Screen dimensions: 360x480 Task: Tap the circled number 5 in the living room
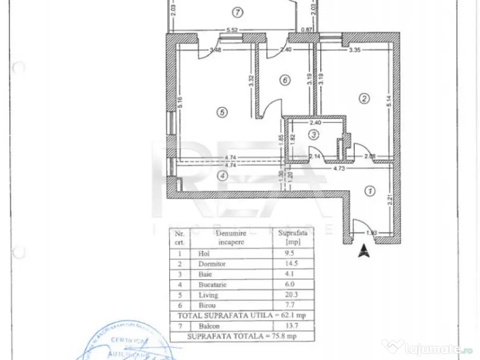point(222,112)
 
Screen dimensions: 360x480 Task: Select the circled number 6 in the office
point(284,81)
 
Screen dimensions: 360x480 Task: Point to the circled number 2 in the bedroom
point(364,98)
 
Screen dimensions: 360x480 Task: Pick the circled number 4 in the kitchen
point(223,176)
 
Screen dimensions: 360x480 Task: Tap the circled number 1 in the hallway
point(370,191)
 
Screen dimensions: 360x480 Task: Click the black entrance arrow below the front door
point(363,251)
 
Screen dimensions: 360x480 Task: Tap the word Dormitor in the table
point(212,264)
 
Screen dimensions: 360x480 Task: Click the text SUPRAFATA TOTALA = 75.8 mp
point(242,336)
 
